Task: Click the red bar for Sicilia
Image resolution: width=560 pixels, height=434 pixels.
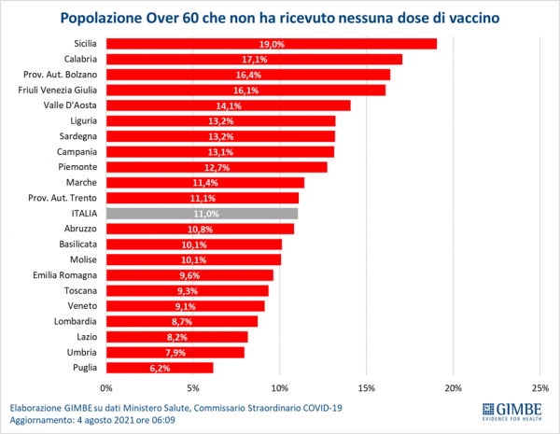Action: pos(271,44)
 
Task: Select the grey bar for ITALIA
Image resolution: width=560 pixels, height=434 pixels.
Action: pos(202,213)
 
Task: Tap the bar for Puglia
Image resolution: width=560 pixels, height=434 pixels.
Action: pos(160,368)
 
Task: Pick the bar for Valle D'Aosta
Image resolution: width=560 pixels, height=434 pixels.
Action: pos(228,105)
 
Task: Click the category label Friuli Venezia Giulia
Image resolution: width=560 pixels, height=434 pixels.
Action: pos(58,90)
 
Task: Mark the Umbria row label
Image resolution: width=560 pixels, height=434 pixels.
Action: pos(80,352)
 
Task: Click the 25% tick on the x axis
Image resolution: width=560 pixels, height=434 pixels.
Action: pos(539,387)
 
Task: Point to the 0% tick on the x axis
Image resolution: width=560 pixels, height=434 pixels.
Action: pos(106,387)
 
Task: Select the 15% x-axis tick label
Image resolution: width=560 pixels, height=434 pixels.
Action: pos(366,387)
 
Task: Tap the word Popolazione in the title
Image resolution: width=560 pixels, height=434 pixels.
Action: pos(110,17)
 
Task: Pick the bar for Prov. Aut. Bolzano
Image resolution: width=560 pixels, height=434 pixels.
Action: pos(247,75)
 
